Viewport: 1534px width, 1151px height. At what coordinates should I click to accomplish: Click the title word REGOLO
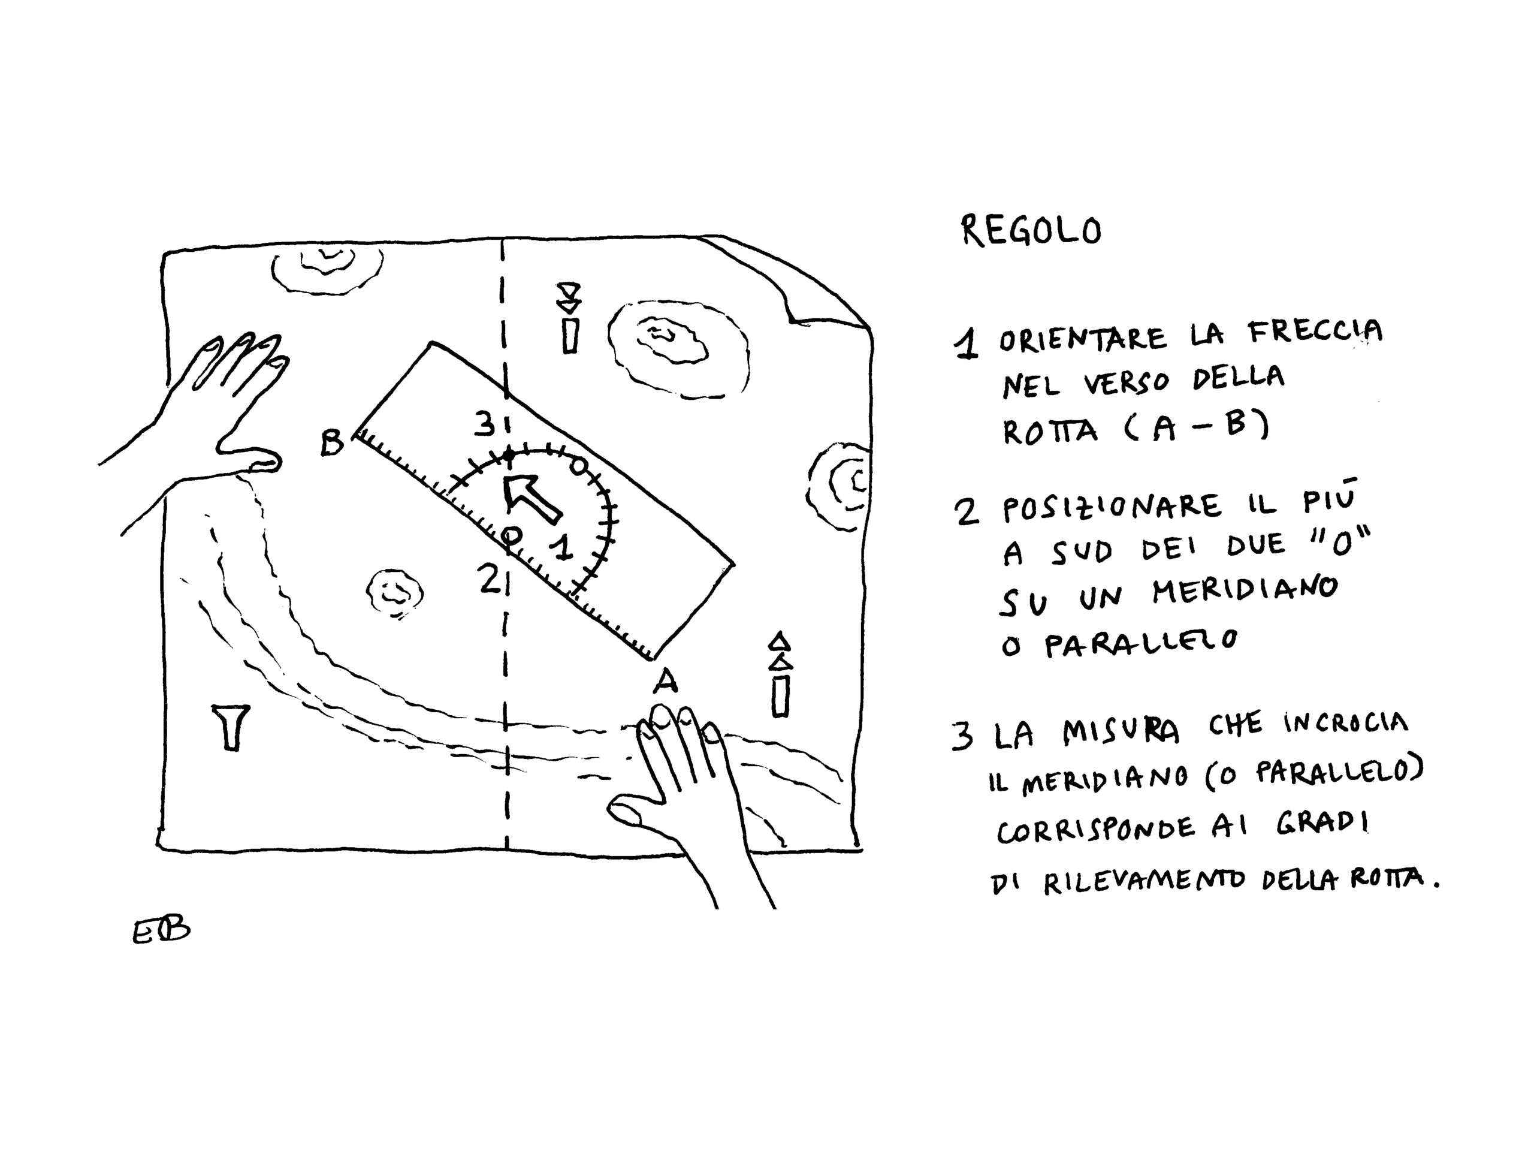(1031, 230)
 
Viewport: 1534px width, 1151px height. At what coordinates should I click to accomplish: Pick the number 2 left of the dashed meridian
(489, 579)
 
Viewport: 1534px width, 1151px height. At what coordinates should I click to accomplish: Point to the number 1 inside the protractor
(563, 547)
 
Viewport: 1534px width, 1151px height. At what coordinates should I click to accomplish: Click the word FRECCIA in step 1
(1315, 332)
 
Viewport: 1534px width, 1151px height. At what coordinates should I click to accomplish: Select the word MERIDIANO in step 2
(1245, 590)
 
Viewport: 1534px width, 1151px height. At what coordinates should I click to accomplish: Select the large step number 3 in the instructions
(962, 736)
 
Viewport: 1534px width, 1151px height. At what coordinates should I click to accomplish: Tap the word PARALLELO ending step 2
(1141, 643)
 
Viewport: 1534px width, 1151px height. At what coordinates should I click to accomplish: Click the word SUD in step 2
(1082, 552)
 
